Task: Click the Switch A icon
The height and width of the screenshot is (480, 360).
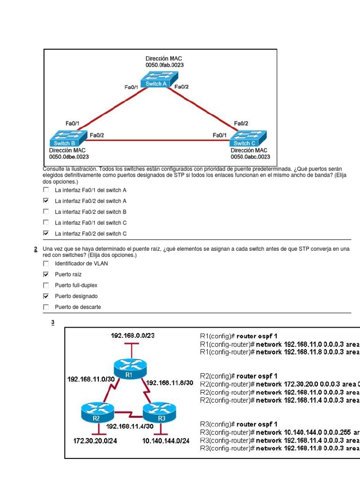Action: (160, 80)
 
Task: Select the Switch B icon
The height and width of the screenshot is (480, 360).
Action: (68, 139)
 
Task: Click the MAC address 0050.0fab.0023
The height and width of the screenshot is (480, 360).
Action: (165, 65)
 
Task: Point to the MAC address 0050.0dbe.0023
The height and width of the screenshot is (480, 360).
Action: (69, 157)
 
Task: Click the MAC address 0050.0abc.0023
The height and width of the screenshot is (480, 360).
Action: (250, 157)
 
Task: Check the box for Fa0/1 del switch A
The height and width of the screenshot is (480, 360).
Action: (46, 190)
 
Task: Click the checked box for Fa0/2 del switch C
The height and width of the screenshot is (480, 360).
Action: (46, 233)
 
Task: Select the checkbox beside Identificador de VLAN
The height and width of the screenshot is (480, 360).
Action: (46, 263)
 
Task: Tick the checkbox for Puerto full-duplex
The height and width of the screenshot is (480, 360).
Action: (46, 285)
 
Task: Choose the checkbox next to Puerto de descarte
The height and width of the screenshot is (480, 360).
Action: (46, 307)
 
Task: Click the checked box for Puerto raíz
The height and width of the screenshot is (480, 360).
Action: (46, 275)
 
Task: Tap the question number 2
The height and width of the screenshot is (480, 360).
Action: (36, 249)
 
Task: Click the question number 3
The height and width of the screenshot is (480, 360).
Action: (53, 322)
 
